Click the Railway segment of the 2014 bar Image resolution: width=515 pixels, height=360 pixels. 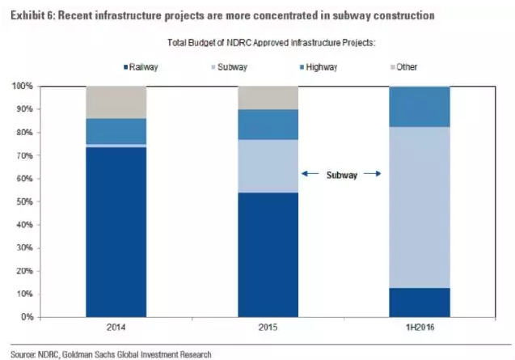point(116,232)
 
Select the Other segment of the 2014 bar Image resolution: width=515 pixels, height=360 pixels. point(116,102)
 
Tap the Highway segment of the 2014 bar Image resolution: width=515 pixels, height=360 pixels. point(116,131)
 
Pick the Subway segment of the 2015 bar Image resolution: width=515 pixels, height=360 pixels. point(268,166)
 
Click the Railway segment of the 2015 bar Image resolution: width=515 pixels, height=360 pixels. point(268,255)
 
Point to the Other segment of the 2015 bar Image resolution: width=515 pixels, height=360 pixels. point(268,98)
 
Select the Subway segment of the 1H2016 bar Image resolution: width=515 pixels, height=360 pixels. point(420,207)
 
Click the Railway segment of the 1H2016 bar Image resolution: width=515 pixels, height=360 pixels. point(420,303)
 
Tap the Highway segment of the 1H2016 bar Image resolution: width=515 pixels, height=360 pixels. point(420,107)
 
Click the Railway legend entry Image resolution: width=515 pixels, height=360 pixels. point(141,67)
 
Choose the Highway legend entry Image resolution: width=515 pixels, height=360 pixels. point(319,67)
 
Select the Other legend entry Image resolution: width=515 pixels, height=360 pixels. point(404,66)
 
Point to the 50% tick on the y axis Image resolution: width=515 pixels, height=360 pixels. point(40,201)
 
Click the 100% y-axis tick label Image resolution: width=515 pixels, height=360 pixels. point(23,86)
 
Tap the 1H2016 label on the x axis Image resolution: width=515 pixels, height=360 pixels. point(420,327)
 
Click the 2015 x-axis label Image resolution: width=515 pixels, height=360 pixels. point(268,327)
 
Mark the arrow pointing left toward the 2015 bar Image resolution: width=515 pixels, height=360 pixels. point(310,173)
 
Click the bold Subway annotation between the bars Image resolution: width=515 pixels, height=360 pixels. point(342,175)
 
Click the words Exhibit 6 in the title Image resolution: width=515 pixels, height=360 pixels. point(32,15)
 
